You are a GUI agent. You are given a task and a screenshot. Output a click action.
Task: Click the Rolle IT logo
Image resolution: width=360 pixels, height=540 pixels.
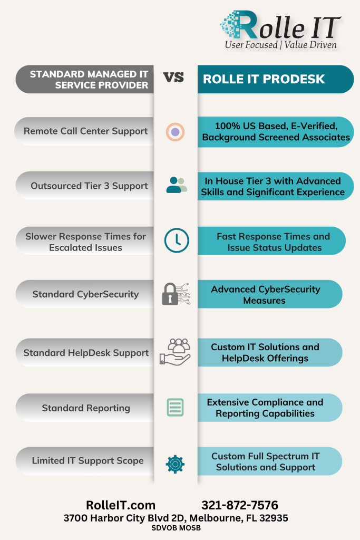click(280, 30)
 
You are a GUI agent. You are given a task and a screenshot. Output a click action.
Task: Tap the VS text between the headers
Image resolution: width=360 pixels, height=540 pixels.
click(173, 78)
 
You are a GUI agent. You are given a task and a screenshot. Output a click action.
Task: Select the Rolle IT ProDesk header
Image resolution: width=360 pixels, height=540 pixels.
click(276, 79)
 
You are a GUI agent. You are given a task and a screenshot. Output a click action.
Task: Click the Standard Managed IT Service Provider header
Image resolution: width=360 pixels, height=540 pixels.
click(85, 79)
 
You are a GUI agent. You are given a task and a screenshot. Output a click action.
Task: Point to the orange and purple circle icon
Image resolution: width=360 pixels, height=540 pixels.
click(175, 132)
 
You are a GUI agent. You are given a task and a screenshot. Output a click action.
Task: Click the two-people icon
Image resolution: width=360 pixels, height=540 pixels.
click(177, 185)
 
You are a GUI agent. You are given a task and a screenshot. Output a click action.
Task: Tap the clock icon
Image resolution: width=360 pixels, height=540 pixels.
click(177, 240)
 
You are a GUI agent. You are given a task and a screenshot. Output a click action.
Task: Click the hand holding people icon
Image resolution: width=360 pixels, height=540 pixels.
click(175, 352)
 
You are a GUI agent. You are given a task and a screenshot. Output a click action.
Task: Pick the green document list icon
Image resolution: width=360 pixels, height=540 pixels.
click(175, 408)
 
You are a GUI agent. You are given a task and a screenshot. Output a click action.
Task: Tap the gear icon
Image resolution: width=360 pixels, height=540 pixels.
click(175, 464)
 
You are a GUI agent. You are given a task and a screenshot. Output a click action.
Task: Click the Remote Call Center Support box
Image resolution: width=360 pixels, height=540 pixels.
click(84, 131)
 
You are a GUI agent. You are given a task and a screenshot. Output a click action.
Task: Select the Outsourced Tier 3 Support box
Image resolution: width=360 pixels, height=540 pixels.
click(85, 186)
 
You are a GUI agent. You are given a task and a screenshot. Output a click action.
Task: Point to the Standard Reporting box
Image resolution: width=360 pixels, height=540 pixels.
click(85, 408)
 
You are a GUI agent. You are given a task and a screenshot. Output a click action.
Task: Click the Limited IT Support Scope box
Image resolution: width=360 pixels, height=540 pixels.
click(85, 461)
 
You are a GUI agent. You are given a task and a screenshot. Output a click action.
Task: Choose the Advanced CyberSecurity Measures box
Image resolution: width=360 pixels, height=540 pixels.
click(270, 294)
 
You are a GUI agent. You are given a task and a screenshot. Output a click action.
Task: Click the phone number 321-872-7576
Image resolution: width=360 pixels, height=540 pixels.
click(240, 505)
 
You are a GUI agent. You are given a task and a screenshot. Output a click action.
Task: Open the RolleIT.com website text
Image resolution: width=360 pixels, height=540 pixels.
click(121, 505)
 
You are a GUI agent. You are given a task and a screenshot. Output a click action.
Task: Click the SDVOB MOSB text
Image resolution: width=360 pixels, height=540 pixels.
click(176, 528)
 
